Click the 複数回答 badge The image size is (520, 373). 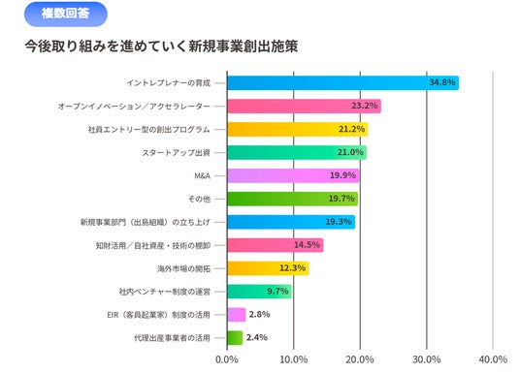[66, 14]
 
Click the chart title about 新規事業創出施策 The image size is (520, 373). [161, 47]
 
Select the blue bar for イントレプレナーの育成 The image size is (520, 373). [342, 82]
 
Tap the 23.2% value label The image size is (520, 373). [365, 106]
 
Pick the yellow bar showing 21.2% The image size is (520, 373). [298, 129]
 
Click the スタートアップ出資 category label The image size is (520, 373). [176, 153]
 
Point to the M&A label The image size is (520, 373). [203, 176]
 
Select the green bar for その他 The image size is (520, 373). [293, 199]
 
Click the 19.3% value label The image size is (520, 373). [339, 222]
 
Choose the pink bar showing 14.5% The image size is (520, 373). [276, 245]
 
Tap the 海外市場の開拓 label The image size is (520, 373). [183, 268]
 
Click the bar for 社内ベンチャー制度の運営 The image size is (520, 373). [259, 292]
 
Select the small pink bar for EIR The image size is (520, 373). [237, 315]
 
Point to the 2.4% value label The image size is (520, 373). [257, 337]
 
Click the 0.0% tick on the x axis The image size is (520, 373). [227, 359]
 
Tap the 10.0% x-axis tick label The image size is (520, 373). [294, 359]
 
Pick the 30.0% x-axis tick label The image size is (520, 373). [427, 359]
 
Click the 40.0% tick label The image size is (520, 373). [493, 359]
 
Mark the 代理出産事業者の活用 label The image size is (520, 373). [172, 338]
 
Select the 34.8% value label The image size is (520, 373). [442, 82]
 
